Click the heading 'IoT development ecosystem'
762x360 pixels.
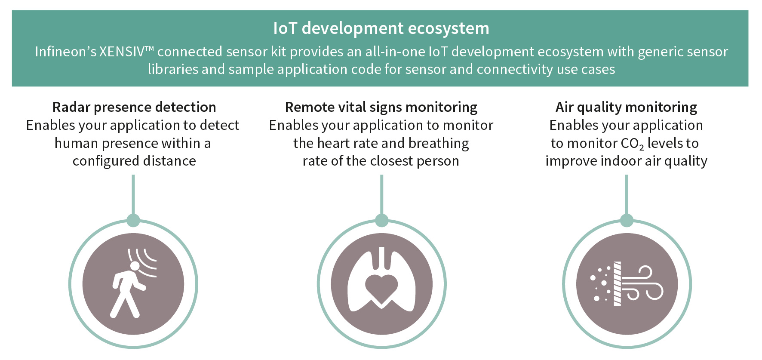pyautogui.click(x=381, y=28)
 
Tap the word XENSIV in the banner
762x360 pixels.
pyautogui.click(x=122, y=52)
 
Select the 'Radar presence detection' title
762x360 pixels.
pyautogui.click(x=134, y=107)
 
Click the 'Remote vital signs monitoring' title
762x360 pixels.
pyautogui.click(x=381, y=107)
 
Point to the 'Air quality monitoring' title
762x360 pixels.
pyautogui.click(x=626, y=107)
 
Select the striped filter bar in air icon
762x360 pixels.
pyautogui.click(x=617, y=283)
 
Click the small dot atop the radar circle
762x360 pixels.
pyautogui.click(x=133, y=220)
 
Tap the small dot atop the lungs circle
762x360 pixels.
pyautogui.click(x=381, y=220)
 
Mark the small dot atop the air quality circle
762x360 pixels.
pyautogui.click(x=627, y=220)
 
